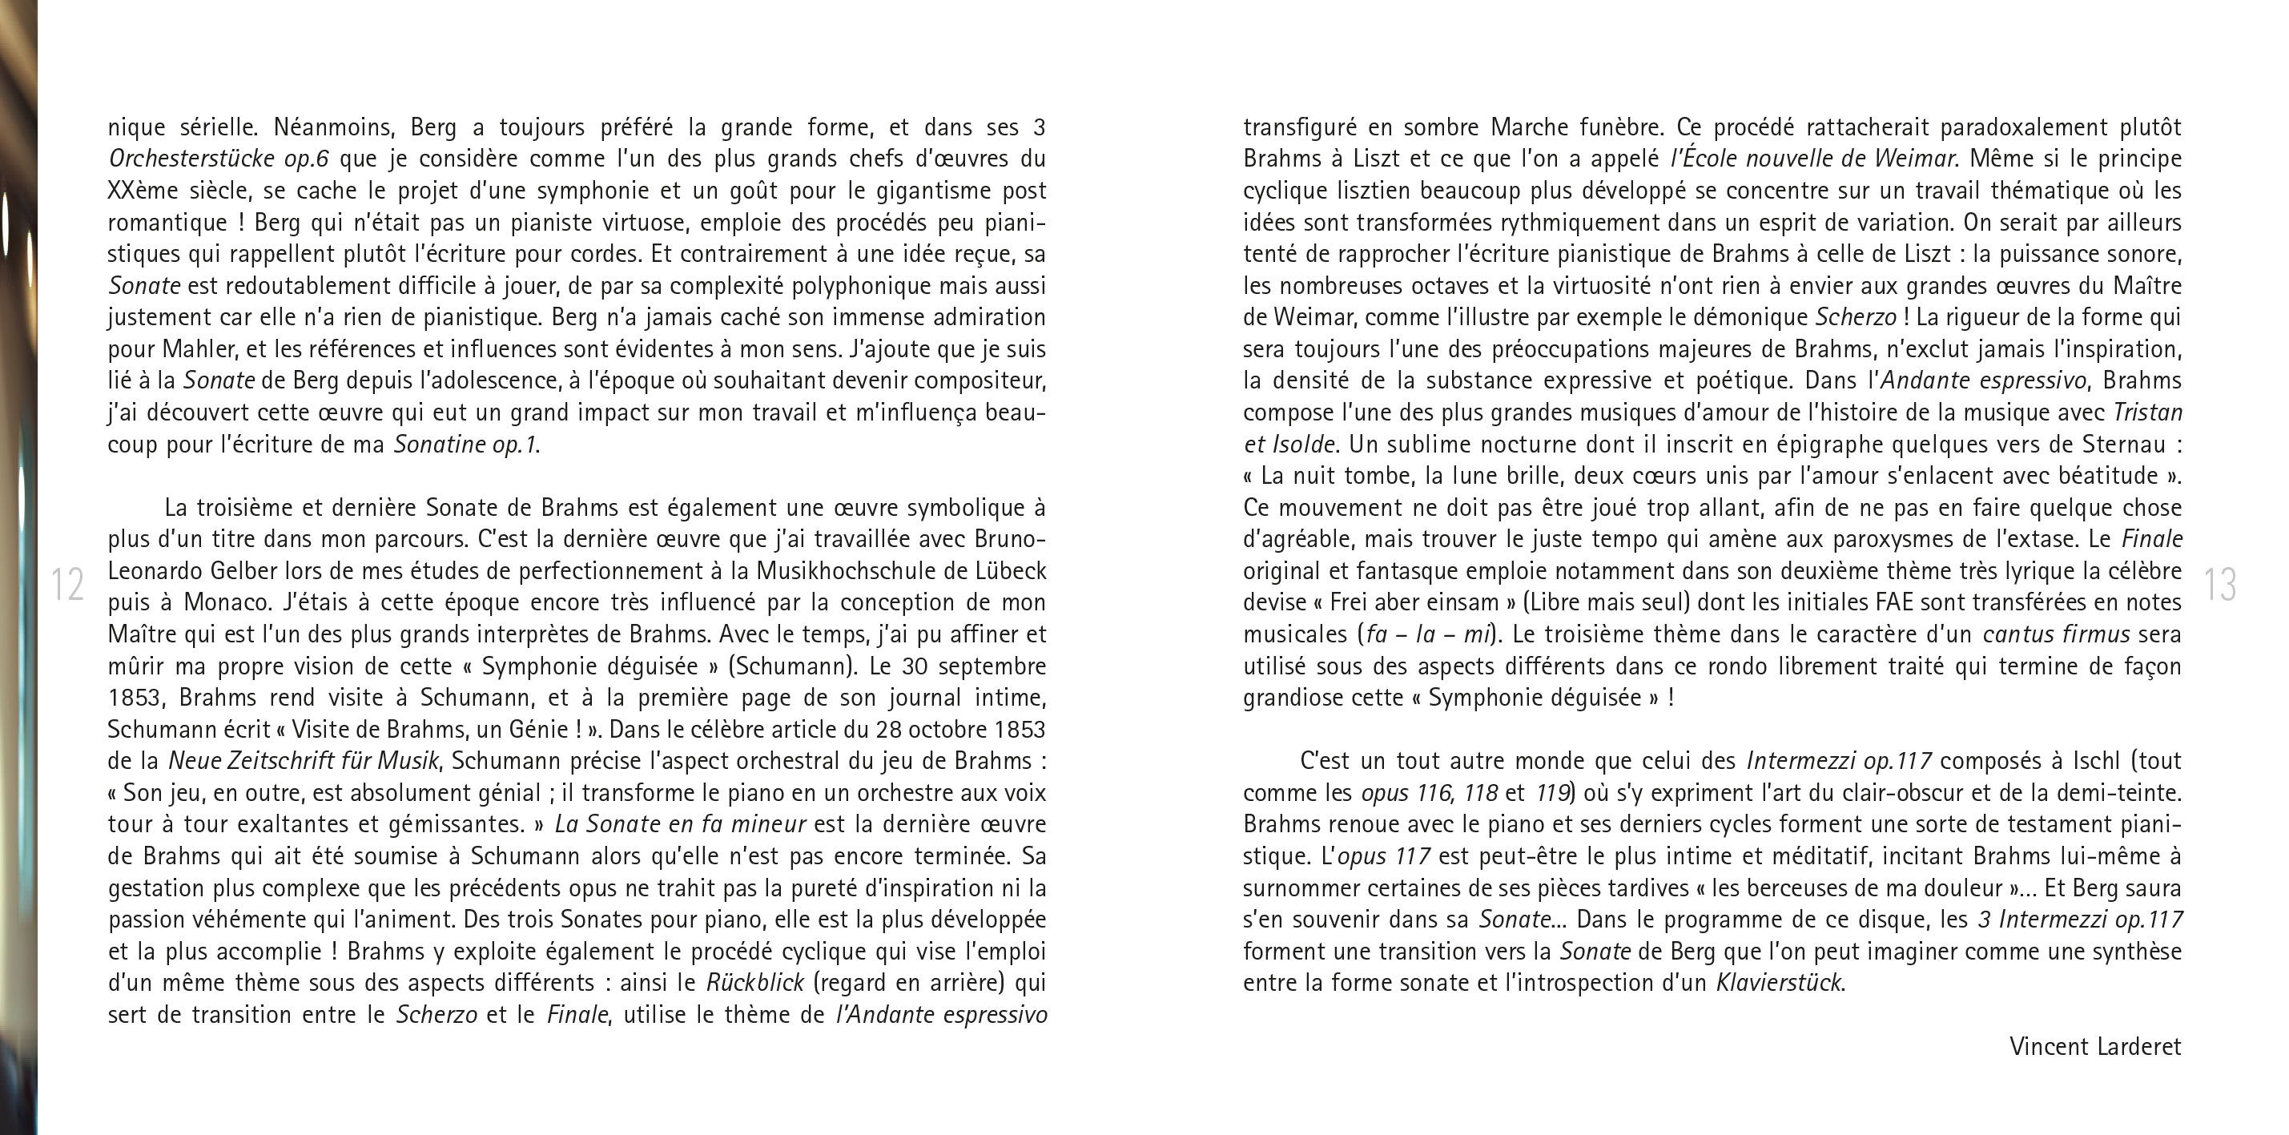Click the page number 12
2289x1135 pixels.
coord(67,585)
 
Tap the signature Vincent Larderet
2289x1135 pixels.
coord(2094,1046)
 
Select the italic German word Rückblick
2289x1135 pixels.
coord(755,984)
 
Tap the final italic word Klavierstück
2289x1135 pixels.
coord(1780,984)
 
